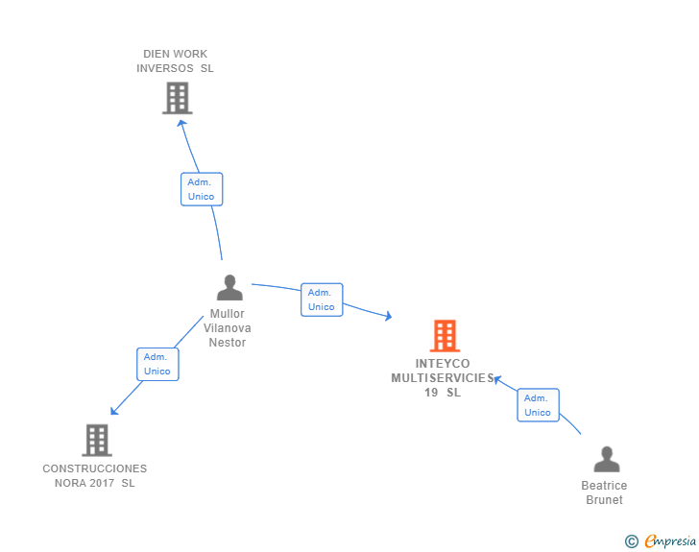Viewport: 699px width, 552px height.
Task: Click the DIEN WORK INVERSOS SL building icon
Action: point(177,98)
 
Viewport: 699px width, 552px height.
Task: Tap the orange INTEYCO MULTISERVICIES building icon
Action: point(444,336)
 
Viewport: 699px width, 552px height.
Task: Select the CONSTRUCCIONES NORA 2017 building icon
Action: point(97,440)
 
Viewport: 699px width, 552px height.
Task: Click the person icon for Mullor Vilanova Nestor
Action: point(229,288)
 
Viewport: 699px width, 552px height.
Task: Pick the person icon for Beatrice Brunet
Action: point(606,460)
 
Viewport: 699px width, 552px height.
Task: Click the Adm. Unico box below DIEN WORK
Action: point(202,189)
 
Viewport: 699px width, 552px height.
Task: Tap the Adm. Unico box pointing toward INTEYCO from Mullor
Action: point(322,300)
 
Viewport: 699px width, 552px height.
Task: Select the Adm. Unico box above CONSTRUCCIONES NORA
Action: point(157,364)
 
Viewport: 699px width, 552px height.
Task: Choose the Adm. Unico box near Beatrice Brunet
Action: point(538,405)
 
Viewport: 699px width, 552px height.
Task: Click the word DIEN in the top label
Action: point(157,54)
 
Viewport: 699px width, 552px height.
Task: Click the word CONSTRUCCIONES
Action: point(95,468)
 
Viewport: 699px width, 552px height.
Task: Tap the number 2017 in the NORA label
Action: point(102,483)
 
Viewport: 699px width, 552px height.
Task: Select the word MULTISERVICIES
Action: point(443,378)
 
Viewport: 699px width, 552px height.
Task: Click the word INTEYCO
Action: point(443,364)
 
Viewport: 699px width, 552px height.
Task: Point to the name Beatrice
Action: point(604,486)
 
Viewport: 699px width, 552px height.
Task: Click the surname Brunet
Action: point(604,500)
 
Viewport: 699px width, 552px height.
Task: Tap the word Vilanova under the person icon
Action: point(228,328)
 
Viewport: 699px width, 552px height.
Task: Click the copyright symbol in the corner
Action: point(632,541)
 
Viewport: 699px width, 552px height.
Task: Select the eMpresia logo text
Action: point(670,540)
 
